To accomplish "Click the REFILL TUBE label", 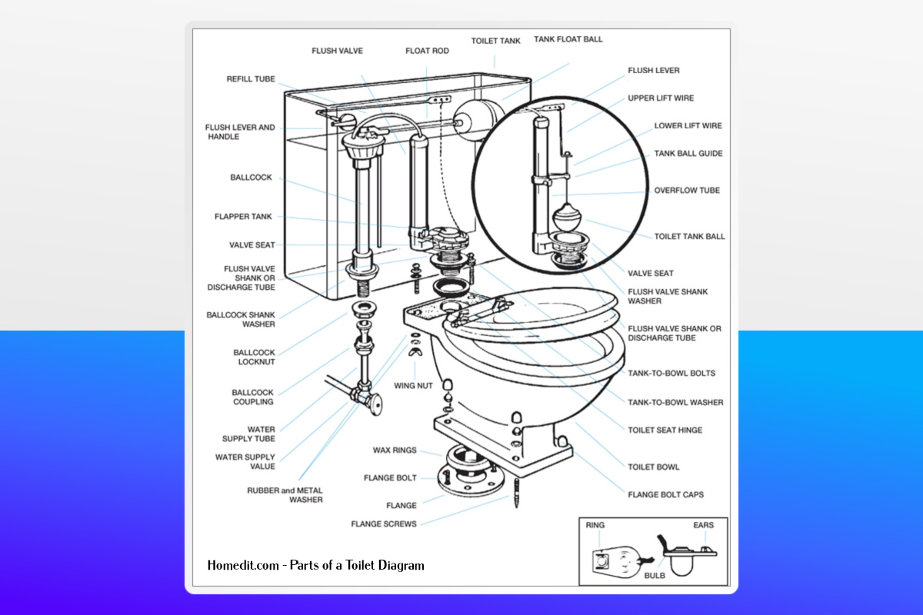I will click(250, 78).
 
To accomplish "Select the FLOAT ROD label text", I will click(427, 51).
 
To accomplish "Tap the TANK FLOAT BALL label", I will click(568, 39).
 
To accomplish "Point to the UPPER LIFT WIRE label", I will click(661, 98).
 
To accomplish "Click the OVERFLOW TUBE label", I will click(687, 190).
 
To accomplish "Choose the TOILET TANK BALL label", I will click(689, 236).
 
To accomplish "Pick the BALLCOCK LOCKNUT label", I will click(254, 357).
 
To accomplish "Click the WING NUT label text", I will click(415, 385).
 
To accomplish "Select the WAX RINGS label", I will click(395, 450).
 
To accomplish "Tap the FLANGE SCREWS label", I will click(384, 524).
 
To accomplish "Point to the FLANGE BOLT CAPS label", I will click(665, 494).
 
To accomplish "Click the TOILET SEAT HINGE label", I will click(665, 430).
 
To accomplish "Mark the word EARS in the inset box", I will click(703, 525).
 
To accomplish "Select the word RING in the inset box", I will click(595, 525).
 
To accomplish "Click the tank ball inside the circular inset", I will click(567, 216).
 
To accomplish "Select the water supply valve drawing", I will click(367, 396).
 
